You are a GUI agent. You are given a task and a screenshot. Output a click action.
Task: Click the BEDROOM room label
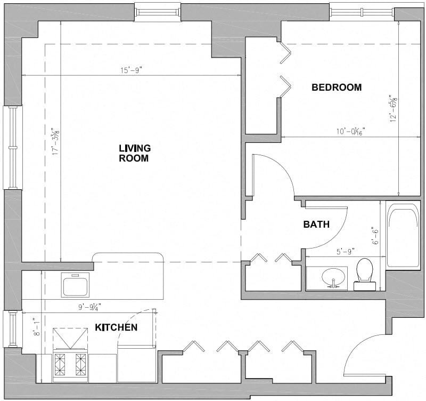337,87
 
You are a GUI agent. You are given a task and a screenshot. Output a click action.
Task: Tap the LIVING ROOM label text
135,153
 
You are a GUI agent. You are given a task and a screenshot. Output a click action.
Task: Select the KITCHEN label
116,327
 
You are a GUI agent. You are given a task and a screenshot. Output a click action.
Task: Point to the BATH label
316,224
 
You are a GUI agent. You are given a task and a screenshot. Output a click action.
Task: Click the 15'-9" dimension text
132,70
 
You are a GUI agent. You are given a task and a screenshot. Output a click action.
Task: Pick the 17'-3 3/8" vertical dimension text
56,141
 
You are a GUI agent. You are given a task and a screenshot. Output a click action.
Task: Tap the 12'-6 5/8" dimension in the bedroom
393,108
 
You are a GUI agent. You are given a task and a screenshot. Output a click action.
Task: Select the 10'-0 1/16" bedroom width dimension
350,131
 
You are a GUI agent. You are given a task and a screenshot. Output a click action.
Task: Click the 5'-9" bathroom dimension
346,252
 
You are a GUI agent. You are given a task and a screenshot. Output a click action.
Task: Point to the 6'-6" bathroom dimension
376,236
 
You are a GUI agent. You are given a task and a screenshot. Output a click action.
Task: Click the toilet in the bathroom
365,274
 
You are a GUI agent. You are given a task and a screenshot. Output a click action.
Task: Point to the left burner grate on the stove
60,365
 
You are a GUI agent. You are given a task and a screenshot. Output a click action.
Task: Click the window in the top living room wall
158,12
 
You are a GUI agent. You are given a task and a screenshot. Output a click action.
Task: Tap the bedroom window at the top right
362,11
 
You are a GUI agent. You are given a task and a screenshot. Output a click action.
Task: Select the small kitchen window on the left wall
12,329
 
